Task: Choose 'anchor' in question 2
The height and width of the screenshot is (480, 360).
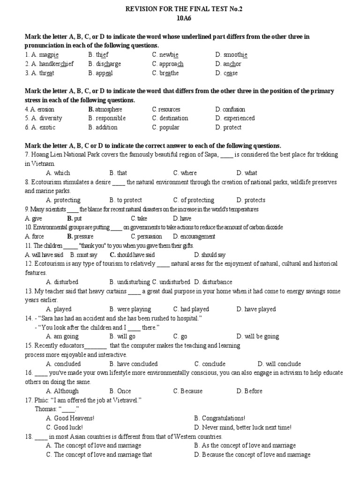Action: coord(232,64)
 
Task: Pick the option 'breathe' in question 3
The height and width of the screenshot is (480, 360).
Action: coord(169,73)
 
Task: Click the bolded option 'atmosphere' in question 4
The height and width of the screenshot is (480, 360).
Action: coord(108,109)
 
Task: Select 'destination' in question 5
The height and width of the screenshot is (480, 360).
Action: coord(173,118)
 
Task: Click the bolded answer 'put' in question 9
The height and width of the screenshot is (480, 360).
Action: coord(78,218)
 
